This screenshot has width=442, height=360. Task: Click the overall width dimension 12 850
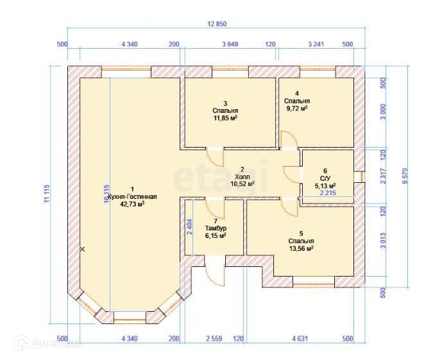coord(217,24)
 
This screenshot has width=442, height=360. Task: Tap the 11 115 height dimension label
coord(47,193)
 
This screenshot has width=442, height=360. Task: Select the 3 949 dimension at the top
coord(230,44)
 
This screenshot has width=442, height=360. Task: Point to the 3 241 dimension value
coord(316,44)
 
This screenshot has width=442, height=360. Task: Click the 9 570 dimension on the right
coord(405,176)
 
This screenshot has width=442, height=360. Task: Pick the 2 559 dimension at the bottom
coord(214,338)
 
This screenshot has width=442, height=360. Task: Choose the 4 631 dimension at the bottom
coord(300,338)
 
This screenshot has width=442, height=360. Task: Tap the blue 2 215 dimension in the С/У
coord(328,193)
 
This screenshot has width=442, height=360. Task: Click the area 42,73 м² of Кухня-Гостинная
coord(132,204)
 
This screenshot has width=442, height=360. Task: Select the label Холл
coord(242,176)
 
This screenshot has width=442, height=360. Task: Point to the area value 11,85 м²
coord(225,118)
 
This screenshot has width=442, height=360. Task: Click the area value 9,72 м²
coord(297,108)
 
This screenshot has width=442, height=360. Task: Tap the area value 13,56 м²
coord(302,248)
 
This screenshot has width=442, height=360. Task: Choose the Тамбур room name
coord(216,228)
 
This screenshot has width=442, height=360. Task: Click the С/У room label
coord(325,178)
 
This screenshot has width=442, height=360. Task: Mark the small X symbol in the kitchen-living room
coord(82,249)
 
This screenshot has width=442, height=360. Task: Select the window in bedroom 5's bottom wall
coord(314,281)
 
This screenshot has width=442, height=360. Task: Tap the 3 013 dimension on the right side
coord(383,241)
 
